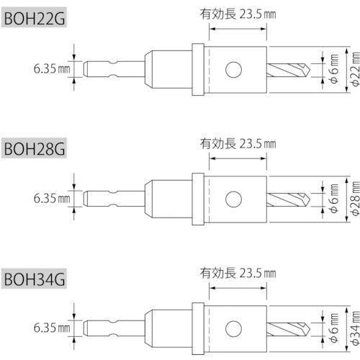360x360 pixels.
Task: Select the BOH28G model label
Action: [34, 150]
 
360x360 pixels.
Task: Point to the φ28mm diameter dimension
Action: [354, 199]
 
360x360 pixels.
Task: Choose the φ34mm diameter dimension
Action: [354, 327]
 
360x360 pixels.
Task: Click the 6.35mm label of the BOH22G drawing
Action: [51, 69]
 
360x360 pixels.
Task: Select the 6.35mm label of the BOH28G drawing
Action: [51, 198]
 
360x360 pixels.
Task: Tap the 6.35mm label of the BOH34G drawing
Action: [51, 327]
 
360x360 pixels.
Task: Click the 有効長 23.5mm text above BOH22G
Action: [238, 12]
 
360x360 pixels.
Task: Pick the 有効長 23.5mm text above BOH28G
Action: [238, 143]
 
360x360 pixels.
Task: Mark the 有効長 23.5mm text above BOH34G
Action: [238, 273]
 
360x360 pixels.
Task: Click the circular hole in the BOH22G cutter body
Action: [233, 69]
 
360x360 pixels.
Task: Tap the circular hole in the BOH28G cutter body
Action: [233, 198]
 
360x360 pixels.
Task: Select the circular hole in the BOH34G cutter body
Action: [233, 327]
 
